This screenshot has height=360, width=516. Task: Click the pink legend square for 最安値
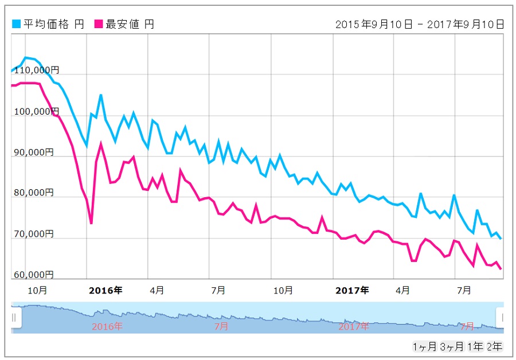coord(99,24)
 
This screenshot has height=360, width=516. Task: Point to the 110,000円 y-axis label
coord(35,71)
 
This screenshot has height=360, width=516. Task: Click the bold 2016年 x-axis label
coord(106,290)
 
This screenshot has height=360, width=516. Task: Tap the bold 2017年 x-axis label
coord(353,290)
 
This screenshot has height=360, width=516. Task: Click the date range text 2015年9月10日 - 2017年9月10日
coord(420,24)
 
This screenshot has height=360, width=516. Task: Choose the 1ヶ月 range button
coord(424,346)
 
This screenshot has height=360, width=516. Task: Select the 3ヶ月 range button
coord(451,346)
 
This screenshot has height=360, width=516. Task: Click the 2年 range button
coord(494,346)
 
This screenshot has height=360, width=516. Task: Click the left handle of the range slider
coord(15,317)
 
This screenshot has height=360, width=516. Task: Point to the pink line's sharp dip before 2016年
coord(91,222)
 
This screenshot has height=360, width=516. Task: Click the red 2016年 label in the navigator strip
coord(107,327)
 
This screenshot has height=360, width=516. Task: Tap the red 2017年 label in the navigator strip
coord(353,327)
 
